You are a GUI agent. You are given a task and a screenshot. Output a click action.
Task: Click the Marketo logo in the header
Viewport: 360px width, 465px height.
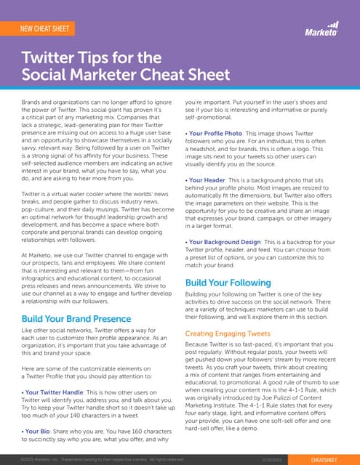[x=321, y=31]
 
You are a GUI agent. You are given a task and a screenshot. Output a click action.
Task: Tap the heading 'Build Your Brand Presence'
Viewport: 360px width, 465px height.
[x=76, y=318]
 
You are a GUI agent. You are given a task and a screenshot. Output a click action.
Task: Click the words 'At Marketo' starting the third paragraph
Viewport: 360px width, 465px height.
[x=36, y=236]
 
